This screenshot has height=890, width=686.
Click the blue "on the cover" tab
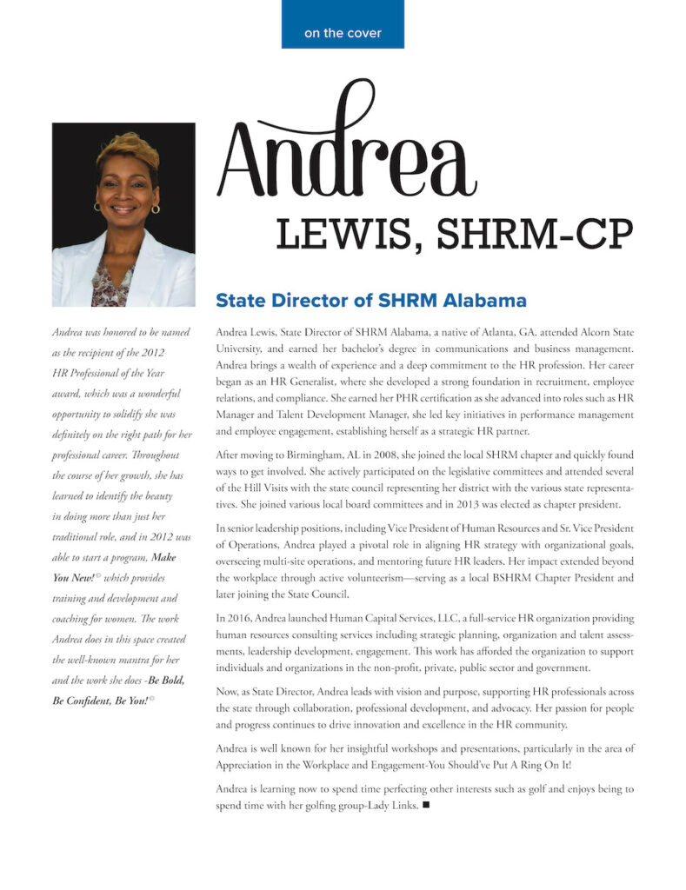342,33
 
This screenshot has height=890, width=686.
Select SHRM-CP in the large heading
529,234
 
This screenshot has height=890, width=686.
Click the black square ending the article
426,806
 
